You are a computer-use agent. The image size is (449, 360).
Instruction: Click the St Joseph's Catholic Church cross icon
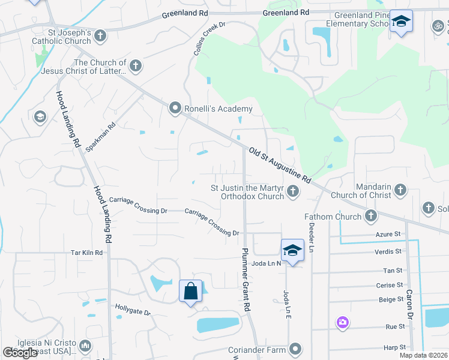(100, 36)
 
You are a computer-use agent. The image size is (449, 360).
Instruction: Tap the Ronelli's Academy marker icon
(175, 109)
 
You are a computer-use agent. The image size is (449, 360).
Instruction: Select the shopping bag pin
(190, 292)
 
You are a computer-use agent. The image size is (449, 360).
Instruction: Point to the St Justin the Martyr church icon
(292, 191)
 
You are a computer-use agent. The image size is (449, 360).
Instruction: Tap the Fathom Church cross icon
(371, 215)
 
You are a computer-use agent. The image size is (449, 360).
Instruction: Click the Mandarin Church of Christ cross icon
(400, 191)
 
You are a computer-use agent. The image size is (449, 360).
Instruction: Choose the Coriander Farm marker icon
(295, 349)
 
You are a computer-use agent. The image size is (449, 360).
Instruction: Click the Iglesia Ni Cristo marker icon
(85, 346)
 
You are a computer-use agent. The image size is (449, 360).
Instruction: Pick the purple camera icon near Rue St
(342, 323)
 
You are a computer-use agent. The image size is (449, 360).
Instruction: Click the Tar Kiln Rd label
(87, 253)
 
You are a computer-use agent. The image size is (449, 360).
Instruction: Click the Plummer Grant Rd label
(246, 279)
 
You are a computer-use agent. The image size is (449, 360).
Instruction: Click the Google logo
(20, 353)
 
